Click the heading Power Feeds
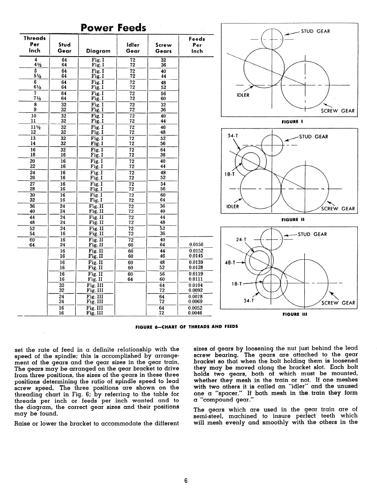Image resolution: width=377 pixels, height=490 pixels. [113, 28]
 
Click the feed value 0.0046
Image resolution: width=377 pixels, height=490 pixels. [196, 313]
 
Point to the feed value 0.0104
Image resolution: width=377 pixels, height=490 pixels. [196, 285]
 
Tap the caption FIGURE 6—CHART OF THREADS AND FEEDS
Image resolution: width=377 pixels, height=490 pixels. [186, 326]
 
